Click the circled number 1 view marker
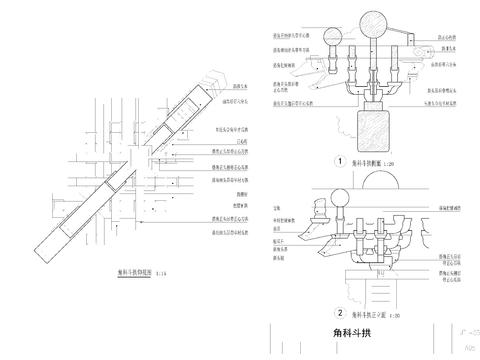(340, 160)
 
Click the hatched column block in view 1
(372, 129)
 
